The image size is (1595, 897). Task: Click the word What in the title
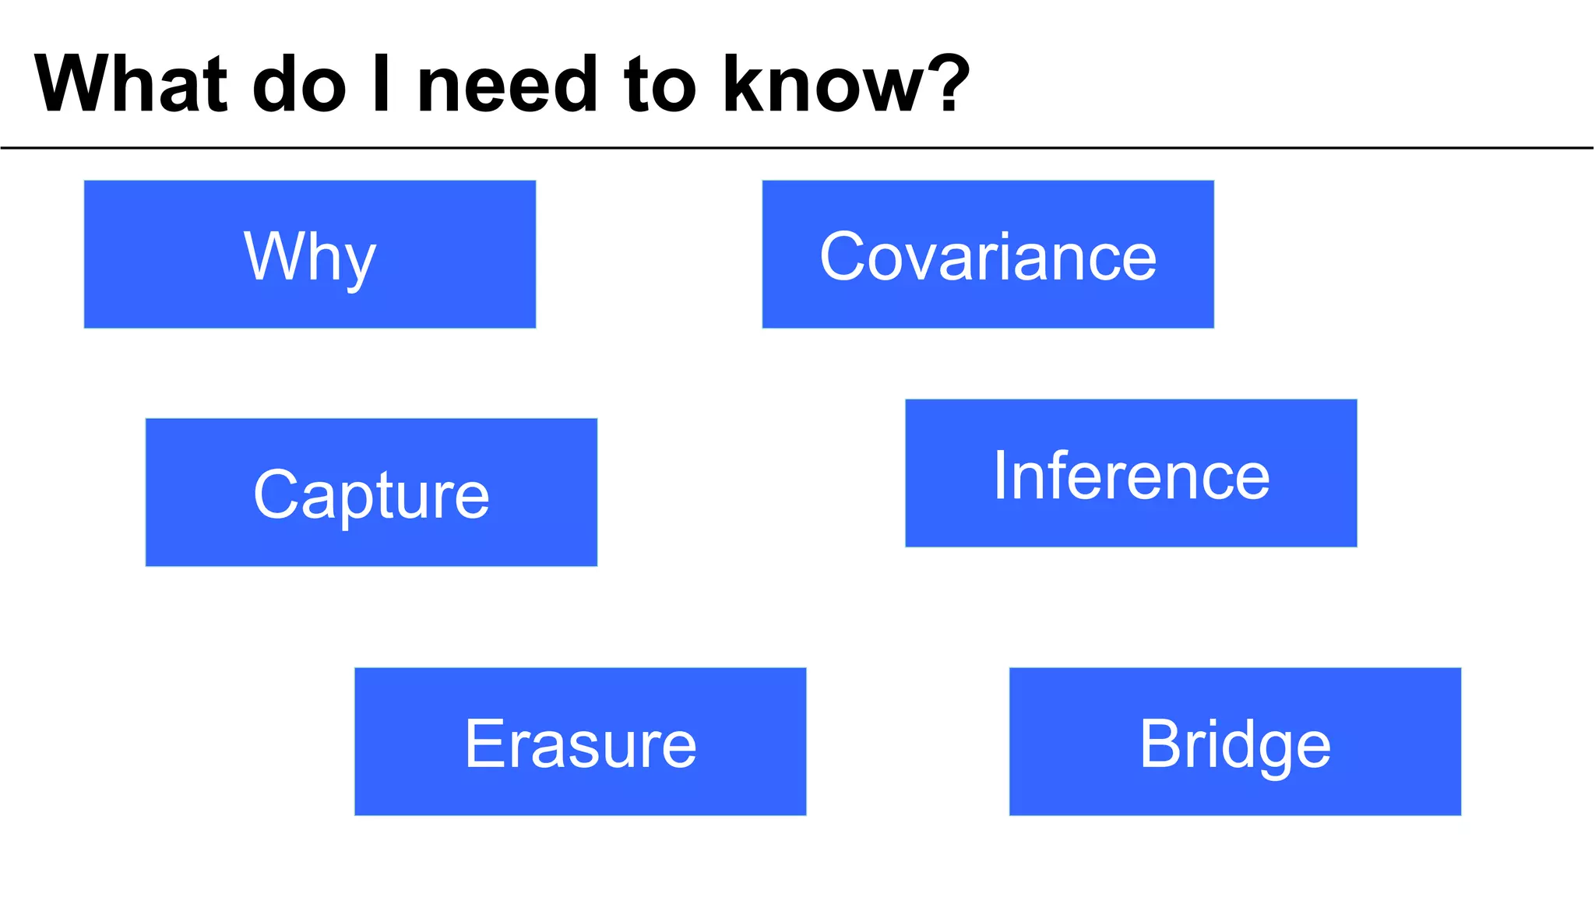click(x=131, y=84)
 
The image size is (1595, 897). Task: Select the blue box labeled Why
click(x=310, y=255)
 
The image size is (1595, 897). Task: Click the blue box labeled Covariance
click(x=988, y=255)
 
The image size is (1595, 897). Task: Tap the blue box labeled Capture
click(x=371, y=492)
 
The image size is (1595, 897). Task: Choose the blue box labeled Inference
click(x=1131, y=473)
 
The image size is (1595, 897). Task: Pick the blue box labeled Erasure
click(x=580, y=741)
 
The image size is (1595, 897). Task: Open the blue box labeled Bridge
click(x=1235, y=741)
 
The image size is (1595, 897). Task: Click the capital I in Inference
click(x=1000, y=475)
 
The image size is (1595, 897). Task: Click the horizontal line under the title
click(x=797, y=147)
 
